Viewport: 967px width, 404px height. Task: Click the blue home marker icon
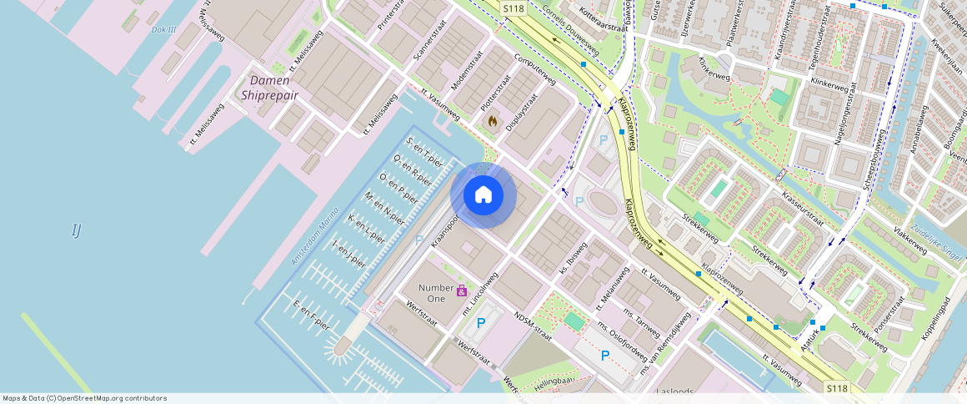click(483, 195)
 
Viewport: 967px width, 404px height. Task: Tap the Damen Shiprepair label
click(269, 88)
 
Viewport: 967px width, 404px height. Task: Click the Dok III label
click(164, 29)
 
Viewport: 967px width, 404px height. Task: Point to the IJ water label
click(76, 230)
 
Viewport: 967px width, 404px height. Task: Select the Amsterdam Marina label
click(316, 239)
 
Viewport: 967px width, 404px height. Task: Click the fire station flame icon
click(492, 121)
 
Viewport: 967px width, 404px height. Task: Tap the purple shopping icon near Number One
click(461, 290)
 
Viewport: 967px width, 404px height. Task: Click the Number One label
click(436, 293)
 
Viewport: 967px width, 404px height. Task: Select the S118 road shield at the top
click(514, 8)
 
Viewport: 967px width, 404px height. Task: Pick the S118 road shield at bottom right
click(837, 388)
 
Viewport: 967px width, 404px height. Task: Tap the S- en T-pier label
click(423, 149)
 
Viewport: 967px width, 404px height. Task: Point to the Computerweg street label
click(535, 69)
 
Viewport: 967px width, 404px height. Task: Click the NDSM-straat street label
click(534, 329)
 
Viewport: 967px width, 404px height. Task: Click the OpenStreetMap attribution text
click(85, 398)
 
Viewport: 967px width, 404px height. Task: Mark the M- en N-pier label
click(384, 208)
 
